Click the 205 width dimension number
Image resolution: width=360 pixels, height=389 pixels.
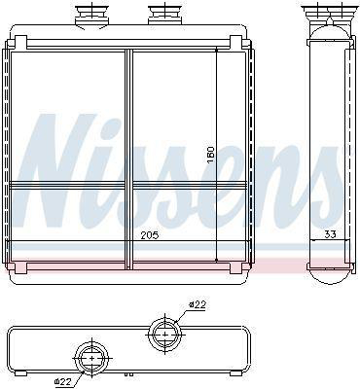click(150, 235)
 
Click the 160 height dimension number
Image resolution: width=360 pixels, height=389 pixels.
click(211, 155)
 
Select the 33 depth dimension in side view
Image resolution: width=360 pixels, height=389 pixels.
click(330, 234)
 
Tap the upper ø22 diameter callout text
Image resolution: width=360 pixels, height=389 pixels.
click(198, 304)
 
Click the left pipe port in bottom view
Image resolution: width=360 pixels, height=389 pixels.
click(92, 358)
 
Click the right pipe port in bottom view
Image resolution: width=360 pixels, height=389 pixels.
click(165, 334)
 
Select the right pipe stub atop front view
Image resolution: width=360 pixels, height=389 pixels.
click(165, 14)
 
